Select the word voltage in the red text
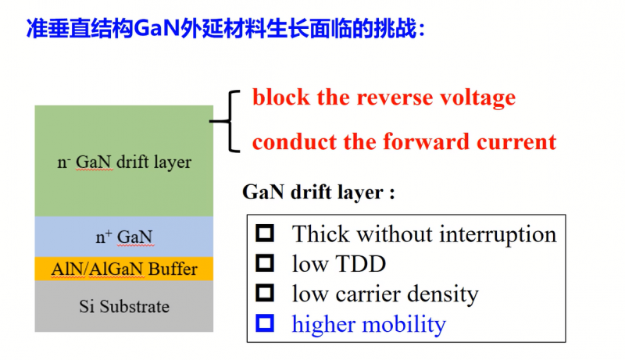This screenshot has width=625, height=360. click(478, 98)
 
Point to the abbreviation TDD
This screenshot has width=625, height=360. click(360, 264)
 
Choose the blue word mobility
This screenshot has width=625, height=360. click(407, 324)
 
